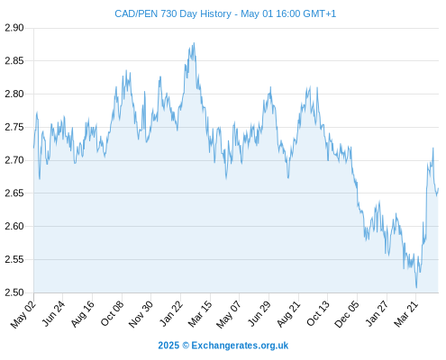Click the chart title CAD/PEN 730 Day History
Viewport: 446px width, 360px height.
173,13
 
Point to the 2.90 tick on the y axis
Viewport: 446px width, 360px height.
14,28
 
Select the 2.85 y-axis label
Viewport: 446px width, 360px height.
14,61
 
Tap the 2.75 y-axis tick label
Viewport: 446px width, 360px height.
14,127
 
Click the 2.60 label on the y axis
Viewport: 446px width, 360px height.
14,226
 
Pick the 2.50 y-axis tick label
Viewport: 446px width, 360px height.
14,292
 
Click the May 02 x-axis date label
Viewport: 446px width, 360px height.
23,314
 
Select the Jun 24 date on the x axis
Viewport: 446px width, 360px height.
53,314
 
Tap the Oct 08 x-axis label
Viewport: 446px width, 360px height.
112,314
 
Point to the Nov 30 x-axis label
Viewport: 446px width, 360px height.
141,314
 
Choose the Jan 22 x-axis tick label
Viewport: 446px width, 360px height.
171,314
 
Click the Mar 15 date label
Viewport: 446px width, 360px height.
200,314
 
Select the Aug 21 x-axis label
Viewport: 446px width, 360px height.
288,314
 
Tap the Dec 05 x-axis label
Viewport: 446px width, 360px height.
347,314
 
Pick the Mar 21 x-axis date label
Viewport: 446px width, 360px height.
406,314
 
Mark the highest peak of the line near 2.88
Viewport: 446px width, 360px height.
194,43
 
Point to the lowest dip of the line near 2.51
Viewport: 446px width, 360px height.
416,288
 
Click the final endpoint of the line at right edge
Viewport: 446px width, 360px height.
438,188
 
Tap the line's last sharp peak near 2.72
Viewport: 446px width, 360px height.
433,148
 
